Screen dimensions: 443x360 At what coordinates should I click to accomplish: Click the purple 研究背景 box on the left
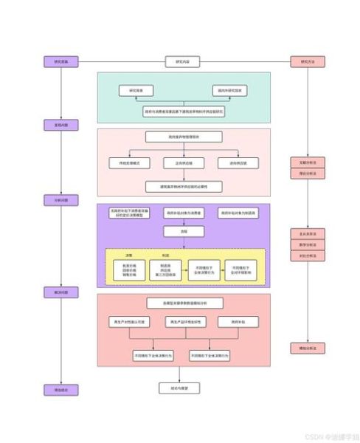click(x=60, y=62)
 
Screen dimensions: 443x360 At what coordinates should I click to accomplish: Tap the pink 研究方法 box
click(x=308, y=62)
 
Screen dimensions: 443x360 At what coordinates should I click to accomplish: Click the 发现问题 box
click(x=60, y=126)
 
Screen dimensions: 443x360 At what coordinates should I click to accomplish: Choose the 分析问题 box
click(x=60, y=200)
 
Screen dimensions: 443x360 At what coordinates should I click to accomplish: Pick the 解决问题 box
click(x=60, y=292)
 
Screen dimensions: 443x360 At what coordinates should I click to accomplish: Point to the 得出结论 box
click(x=60, y=390)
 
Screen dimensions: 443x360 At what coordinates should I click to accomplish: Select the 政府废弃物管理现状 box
click(x=182, y=136)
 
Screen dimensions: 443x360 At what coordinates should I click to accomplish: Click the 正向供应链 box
click(x=182, y=162)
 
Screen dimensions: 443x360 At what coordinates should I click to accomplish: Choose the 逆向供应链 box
click(x=234, y=162)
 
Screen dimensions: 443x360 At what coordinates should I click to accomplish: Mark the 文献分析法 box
click(x=308, y=162)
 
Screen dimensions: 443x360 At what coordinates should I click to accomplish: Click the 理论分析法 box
click(x=308, y=174)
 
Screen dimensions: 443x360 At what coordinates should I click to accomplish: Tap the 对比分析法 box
click(x=308, y=256)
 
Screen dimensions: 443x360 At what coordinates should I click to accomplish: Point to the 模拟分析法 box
click(x=308, y=348)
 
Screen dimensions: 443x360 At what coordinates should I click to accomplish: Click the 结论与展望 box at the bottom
click(x=179, y=387)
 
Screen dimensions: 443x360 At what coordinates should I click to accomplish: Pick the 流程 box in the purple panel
click(x=182, y=231)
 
